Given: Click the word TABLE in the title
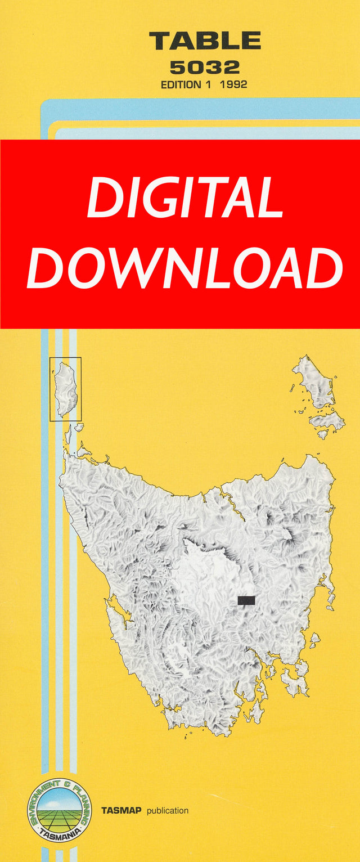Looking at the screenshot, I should pyautogui.click(x=205, y=42).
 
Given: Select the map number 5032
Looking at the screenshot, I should pyautogui.click(x=205, y=68).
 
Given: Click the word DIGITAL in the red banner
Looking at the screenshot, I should pyautogui.click(x=184, y=199).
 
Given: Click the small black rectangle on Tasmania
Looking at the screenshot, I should pyautogui.click(x=246, y=600).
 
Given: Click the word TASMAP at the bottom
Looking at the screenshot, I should pyautogui.click(x=121, y=811).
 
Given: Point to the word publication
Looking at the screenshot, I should pyautogui.click(x=168, y=811).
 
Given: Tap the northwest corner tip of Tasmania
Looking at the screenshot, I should pyautogui.click(x=65, y=459).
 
